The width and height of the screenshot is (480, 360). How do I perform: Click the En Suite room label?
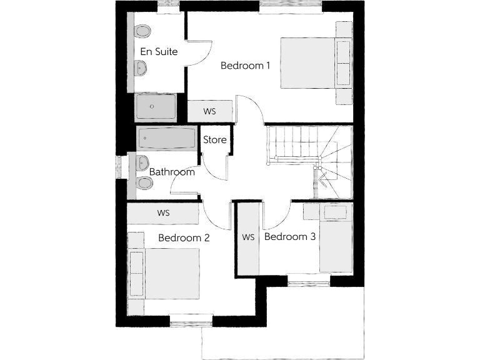pos(159,52)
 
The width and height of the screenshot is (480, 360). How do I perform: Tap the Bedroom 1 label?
pos(246,65)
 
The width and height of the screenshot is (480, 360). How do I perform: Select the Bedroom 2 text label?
pos(184,237)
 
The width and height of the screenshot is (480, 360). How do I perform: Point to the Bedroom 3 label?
pos(290,237)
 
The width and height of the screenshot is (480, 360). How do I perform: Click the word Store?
pos(215,140)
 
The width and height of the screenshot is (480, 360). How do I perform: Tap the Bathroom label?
pos(172,171)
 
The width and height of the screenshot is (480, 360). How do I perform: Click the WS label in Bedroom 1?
pos(210,111)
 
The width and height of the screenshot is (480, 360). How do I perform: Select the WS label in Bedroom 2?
pos(163,213)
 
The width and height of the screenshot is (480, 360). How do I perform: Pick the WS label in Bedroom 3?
pos(249,237)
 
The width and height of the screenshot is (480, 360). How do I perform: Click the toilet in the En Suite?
pos(143,31)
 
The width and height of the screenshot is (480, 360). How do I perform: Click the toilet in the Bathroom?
pos(144,182)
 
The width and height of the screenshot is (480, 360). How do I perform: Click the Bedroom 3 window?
pos(309,282)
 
